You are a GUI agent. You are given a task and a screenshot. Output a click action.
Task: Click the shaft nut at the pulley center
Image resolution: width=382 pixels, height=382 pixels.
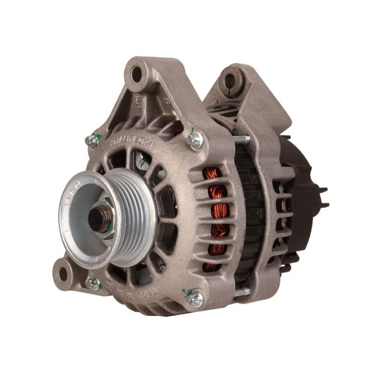point(100,217)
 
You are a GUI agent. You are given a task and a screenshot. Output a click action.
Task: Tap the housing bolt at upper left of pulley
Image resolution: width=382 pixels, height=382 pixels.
point(93,140)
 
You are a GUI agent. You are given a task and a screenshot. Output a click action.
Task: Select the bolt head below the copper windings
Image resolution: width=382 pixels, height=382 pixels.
point(195,298)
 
